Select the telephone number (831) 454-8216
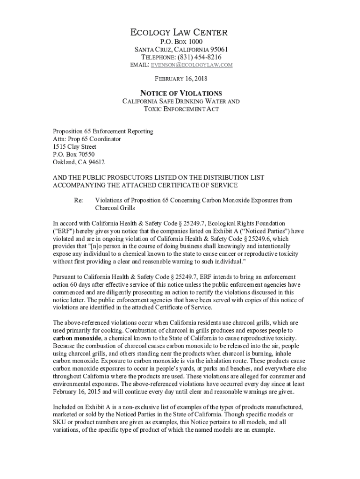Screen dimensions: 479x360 195,57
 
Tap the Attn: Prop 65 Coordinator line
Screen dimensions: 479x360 86,139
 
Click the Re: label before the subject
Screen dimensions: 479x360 79,200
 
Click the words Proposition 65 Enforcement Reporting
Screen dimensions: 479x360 103,131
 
